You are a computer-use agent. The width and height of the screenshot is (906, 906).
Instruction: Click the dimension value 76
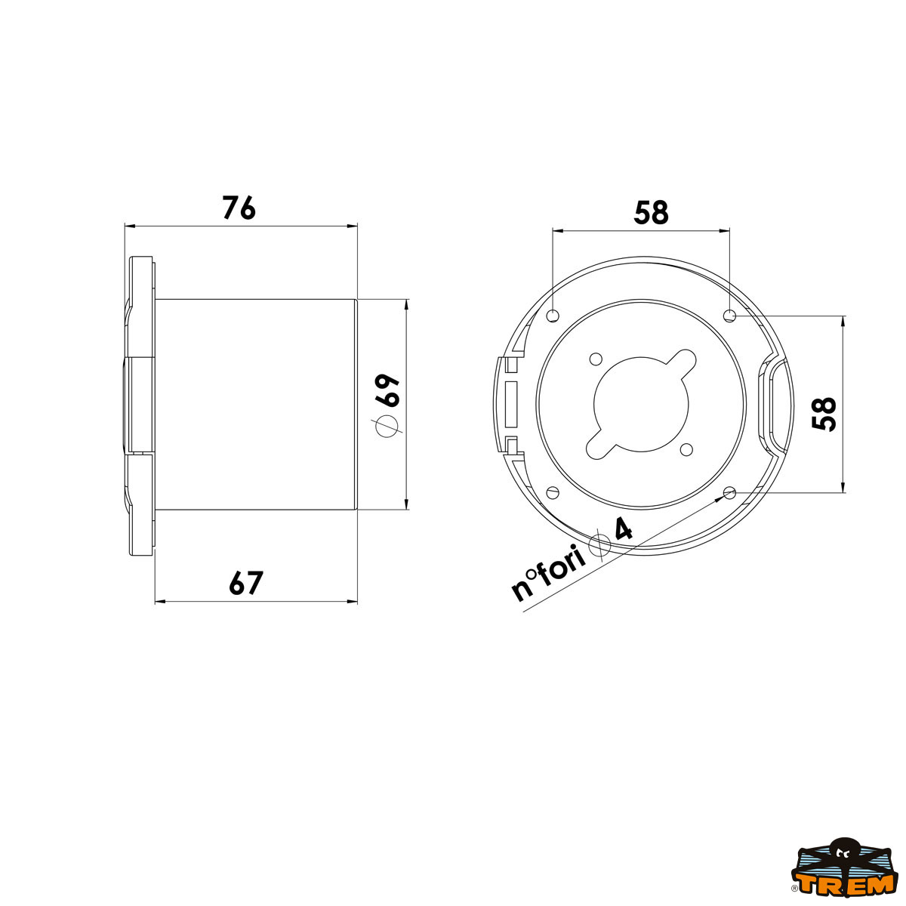pyautogui.click(x=239, y=208)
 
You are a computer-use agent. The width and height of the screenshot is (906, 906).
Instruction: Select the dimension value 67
pyautogui.click(x=246, y=584)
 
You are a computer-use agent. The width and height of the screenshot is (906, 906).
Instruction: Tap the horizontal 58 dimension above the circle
pyautogui.click(x=651, y=214)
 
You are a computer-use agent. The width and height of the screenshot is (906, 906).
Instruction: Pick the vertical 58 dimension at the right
pyautogui.click(x=825, y=414)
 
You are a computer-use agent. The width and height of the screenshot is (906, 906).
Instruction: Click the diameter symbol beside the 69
pyautogui.click(x=387, y=427)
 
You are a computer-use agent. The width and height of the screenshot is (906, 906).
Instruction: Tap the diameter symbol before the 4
pyautogui.click(x=600, y=544)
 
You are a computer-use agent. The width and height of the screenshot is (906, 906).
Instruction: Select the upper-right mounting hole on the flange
pyautogui.click(x=729, y=316)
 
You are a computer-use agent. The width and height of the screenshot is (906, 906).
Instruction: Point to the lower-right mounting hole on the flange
pyautogui.click(x=729, y=493)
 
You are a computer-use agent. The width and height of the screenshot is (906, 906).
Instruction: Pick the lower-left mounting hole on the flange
pyautogui.click(x=553, y=492)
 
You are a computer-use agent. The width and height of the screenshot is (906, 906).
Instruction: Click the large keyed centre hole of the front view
pyautogui.click(x=641, y=403)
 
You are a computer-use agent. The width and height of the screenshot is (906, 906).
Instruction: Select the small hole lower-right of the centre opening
pyautogui.click(x=686, y=449)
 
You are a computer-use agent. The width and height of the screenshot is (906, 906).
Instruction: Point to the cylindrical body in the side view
pyautogui.click(x=255, y=404)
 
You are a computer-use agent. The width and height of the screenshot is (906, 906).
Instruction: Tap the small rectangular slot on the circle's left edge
pyautogui.click(x=511, y=403)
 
